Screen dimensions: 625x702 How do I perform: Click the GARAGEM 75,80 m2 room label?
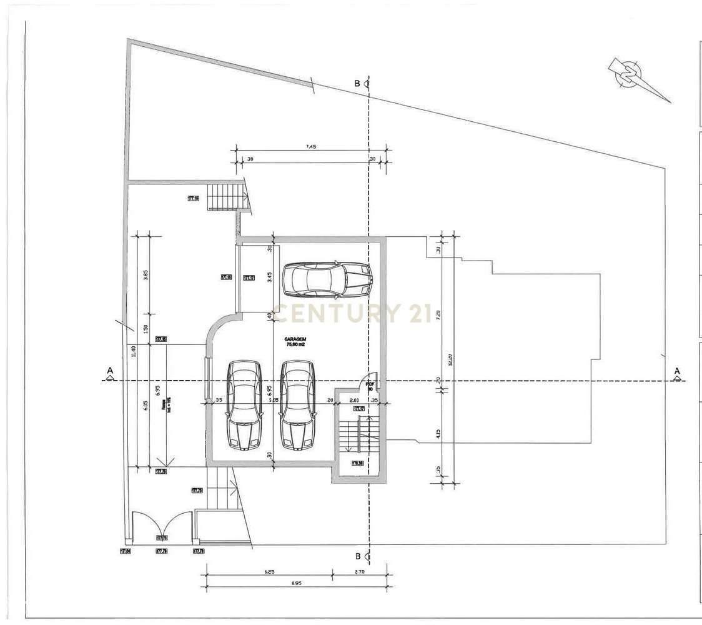[x=295, y=341]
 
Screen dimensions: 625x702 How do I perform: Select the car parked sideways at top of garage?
[x=327, y=280]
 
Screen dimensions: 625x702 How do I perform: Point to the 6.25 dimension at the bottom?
[x=269, y=571]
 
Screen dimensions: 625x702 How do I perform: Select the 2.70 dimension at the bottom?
[x=360, y=571]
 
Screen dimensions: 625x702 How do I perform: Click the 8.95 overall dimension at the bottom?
[x=297, y=584]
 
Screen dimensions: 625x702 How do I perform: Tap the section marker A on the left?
[x=110, y=373]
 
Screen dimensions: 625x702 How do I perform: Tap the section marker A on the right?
[x=676, y=373]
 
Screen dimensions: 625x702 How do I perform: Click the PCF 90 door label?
[x=370, y=386]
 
